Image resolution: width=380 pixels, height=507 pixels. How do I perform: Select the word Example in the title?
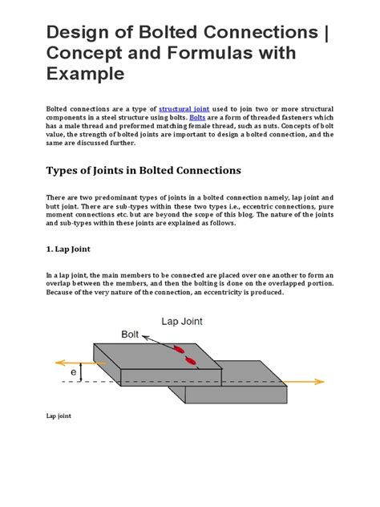tap(85, 75)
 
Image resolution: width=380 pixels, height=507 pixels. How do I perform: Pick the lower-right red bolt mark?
tap(191, 360)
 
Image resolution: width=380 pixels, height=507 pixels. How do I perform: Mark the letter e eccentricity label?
tap(73, 373)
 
